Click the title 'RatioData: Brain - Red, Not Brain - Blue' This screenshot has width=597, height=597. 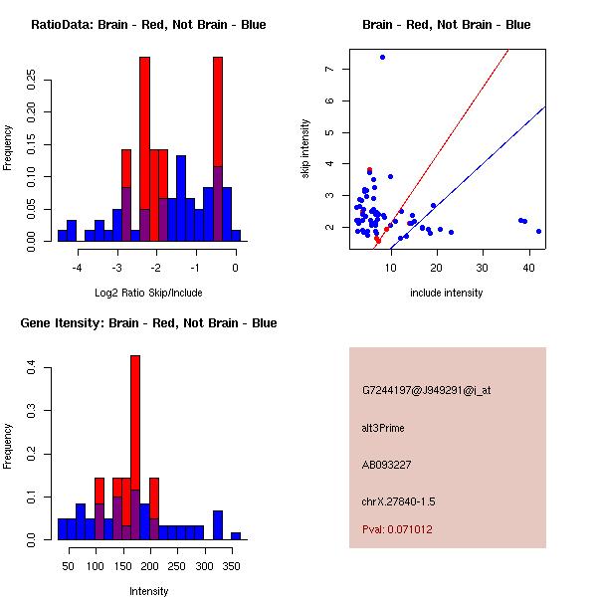(148, 25)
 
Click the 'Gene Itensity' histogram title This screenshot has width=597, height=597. (148, 323)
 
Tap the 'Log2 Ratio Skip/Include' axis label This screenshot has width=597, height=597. (148, 293)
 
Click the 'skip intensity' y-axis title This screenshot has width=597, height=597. (306, 149)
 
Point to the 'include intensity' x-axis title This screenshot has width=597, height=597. (446, 293)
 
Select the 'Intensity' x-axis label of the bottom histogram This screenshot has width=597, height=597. (148, 591)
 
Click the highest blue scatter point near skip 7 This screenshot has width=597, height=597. (382, 57)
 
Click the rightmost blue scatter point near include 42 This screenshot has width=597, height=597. (538, 231)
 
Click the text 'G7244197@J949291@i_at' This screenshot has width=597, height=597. (426, 390)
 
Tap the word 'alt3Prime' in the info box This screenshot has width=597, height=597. (383, 428)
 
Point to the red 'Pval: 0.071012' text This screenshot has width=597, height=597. (397, 529)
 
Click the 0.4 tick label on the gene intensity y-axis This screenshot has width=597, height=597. (33, 368)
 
